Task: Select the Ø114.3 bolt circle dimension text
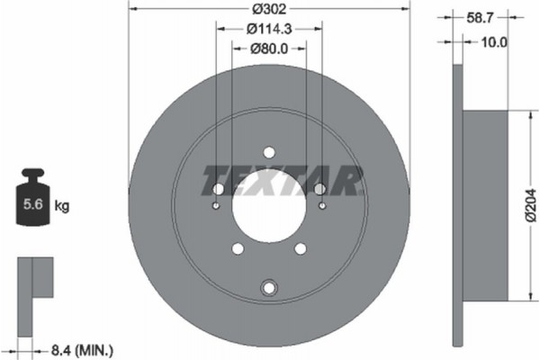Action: click(x=268, y=29)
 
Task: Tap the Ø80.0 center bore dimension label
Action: click(x=268, y=49)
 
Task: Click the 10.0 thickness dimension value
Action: click(x=495, y=41)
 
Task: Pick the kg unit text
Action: click(x=62, y=205)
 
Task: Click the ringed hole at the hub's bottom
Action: click(x=268, y=288)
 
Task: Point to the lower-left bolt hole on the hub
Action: click(x=237, y=249)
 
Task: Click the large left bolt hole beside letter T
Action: click(x=217, y=189)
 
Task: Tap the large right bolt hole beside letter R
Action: click(x=319, y=189)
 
